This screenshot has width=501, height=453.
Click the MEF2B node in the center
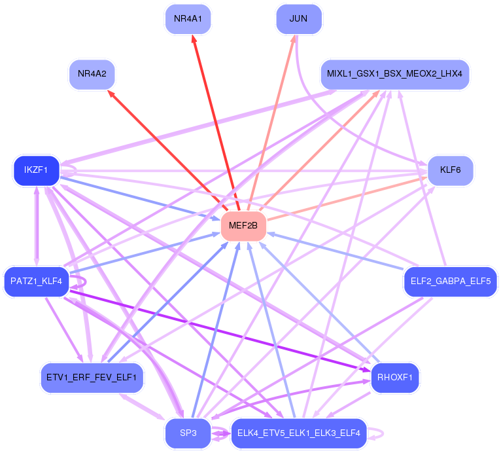coord(243,226)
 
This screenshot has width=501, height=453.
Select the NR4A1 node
coord(188,19)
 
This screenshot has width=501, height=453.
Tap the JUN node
coord(299,19)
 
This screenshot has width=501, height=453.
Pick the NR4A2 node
coord(92,74)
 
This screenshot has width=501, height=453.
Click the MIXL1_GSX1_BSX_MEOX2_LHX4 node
coord(395,74)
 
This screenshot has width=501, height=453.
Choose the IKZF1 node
coord(37,170)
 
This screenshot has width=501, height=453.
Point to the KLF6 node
coord(450,170)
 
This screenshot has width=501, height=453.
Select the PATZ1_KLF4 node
coord(37,281)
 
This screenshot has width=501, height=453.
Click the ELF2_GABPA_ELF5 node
coord(451,281)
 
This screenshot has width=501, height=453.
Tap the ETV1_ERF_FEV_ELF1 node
coord(92,378)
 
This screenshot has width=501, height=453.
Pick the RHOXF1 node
coord(395,378)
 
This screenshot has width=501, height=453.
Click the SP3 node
coord(188,433)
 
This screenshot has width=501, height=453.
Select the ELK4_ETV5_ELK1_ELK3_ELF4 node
coord(299,433)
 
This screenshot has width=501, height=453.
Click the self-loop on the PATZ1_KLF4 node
coord(86,281)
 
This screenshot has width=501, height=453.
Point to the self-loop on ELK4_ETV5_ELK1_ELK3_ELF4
coord(383,433)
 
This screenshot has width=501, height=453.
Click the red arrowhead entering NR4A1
coord(194,39)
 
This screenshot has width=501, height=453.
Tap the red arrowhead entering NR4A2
coord(111,94)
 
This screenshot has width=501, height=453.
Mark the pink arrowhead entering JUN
coord(293,39)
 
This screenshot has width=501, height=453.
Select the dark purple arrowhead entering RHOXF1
coord(366,370)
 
